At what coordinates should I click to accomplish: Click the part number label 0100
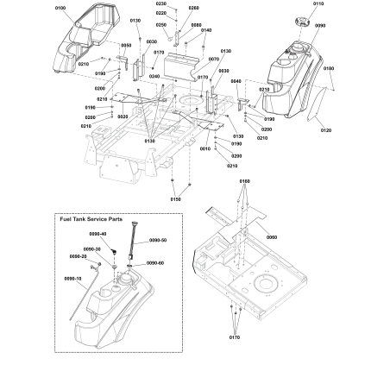coord(60,7)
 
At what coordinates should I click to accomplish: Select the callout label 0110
coord(319,5)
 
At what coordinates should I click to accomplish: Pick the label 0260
coord(193,8)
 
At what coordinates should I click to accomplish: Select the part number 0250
coord(161,25)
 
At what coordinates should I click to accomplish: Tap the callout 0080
coord(196,25)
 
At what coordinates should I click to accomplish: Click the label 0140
coord(206,30)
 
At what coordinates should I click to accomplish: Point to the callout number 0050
coord(127,45)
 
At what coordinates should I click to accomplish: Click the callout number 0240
coord(154,77)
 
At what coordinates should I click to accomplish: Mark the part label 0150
coord(176,199)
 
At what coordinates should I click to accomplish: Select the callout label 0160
coord(245,181)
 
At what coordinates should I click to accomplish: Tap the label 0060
coord(273,236)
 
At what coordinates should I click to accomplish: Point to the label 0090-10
coord(72,279)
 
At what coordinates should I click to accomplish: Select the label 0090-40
coord(97,235)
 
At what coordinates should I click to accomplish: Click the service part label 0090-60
coord(156,262)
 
